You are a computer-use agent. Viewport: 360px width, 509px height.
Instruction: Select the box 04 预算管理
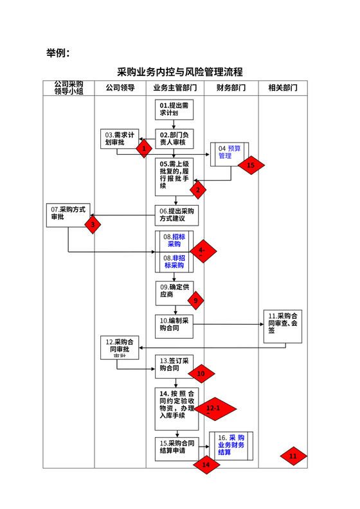[229, 152]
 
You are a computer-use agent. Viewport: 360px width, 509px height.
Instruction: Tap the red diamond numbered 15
[251, 165]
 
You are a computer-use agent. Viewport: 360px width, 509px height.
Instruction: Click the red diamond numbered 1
[144, 148]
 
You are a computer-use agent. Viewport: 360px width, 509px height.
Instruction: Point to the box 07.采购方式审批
[69, 214]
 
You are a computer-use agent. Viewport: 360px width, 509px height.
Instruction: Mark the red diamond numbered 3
[93, 224]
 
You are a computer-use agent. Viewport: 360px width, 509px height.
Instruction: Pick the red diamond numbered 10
[200, 373]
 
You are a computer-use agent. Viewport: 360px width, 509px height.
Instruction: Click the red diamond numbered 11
[293, 456]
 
